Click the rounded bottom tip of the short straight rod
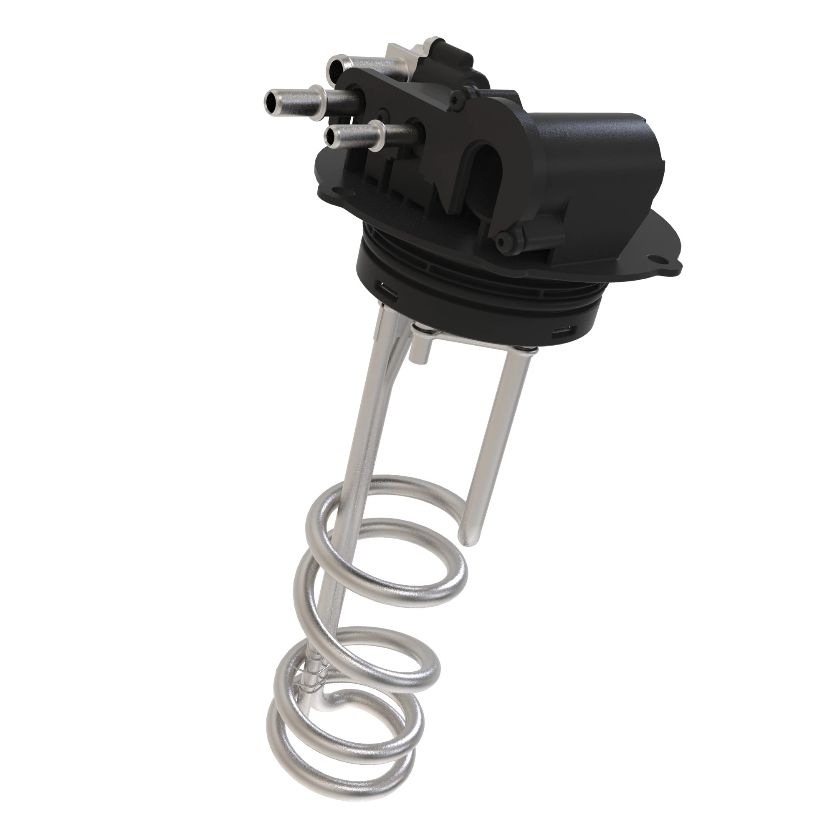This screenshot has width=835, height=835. click(x=469, y=541)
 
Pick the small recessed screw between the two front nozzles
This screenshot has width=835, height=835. click(x=383, y=114)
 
